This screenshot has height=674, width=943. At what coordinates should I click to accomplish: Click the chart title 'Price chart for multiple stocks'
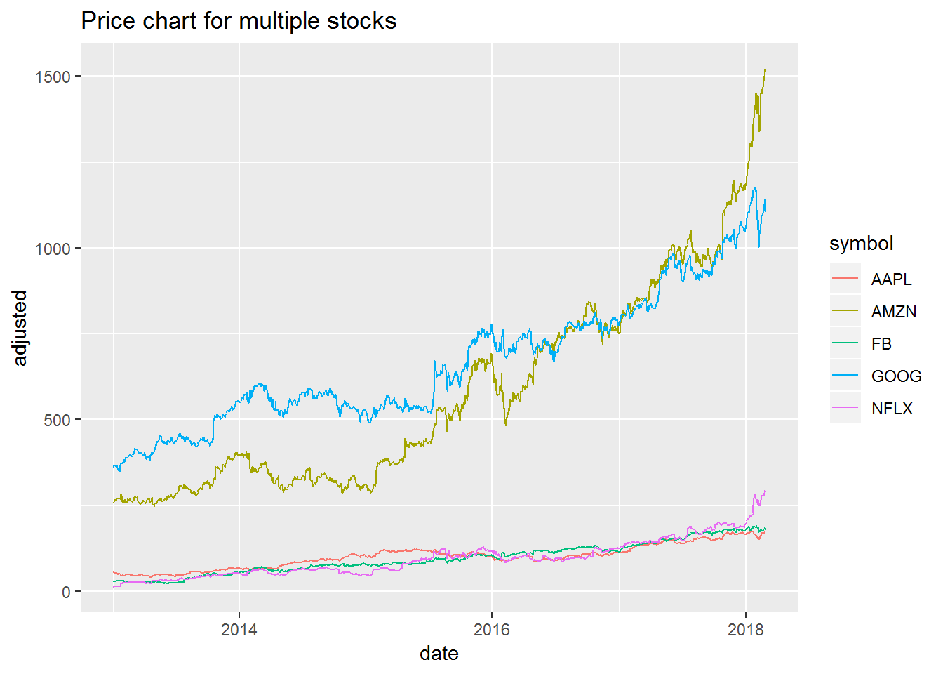pos(239,21)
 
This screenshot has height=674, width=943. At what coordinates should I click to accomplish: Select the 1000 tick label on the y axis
pos(53,249)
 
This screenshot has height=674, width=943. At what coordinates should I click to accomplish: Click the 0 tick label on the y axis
pos(66,592)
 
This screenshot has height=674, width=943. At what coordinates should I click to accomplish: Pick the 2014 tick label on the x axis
pos(239,629)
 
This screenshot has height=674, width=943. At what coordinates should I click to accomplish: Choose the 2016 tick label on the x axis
pos(492,629)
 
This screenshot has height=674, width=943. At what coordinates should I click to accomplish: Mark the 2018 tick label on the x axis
pos(745,629)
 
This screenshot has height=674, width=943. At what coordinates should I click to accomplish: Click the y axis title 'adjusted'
pos(20,328)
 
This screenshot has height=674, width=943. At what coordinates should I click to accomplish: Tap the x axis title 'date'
pos(439,654)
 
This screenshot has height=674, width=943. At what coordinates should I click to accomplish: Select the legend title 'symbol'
pos(861,244)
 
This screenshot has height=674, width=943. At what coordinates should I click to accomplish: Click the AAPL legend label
pos(891,279)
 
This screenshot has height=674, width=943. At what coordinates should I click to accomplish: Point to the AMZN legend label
pos(893,312)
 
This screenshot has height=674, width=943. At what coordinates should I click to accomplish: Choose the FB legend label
pos(881,344)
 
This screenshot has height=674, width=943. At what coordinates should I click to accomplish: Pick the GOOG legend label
pos(896,376)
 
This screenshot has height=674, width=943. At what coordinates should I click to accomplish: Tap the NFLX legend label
pos(892,409)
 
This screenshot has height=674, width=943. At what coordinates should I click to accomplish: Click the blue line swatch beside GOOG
pos(845,376)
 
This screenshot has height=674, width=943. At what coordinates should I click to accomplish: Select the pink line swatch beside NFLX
pos(845,409)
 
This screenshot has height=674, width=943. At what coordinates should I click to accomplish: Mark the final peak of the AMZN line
pos(765,70)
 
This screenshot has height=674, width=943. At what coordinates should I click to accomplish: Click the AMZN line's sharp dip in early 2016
pos(506,425)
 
